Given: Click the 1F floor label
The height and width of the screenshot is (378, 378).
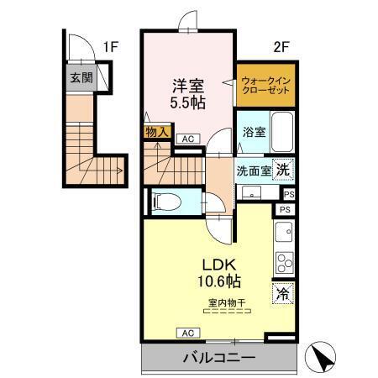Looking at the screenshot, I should tap(109, 47).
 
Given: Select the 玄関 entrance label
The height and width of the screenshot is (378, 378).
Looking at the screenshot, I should tap(81, 79).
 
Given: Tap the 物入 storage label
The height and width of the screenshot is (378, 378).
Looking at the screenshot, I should tap(157, 132).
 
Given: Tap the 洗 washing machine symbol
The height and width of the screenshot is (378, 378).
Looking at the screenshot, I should tap(285, 168).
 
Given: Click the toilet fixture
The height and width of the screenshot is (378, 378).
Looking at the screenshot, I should tap(167, 201).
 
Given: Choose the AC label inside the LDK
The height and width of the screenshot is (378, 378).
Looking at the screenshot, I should tap(182, 333).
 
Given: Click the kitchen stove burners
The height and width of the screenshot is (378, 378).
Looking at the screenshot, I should tap(283, 260).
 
